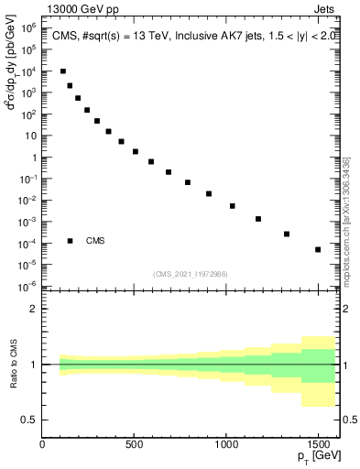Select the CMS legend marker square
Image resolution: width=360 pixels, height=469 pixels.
[71, 241]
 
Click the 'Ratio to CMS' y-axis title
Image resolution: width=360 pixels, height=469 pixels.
[12, 365]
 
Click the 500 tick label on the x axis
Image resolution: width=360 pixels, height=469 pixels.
[135, 444]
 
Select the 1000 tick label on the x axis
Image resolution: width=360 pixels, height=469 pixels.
[226, 444]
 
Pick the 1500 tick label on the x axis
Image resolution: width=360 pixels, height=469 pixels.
[318, 444]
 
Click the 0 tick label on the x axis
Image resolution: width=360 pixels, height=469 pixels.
[43, 444]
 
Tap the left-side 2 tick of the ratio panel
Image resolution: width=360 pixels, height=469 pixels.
[34, 309]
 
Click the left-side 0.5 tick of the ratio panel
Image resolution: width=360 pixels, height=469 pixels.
[30, 420]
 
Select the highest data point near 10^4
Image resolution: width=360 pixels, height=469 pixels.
[62, 71]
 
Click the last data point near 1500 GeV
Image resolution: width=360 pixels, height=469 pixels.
[318, 249]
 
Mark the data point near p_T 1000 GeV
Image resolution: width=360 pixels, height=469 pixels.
[233, 206]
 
